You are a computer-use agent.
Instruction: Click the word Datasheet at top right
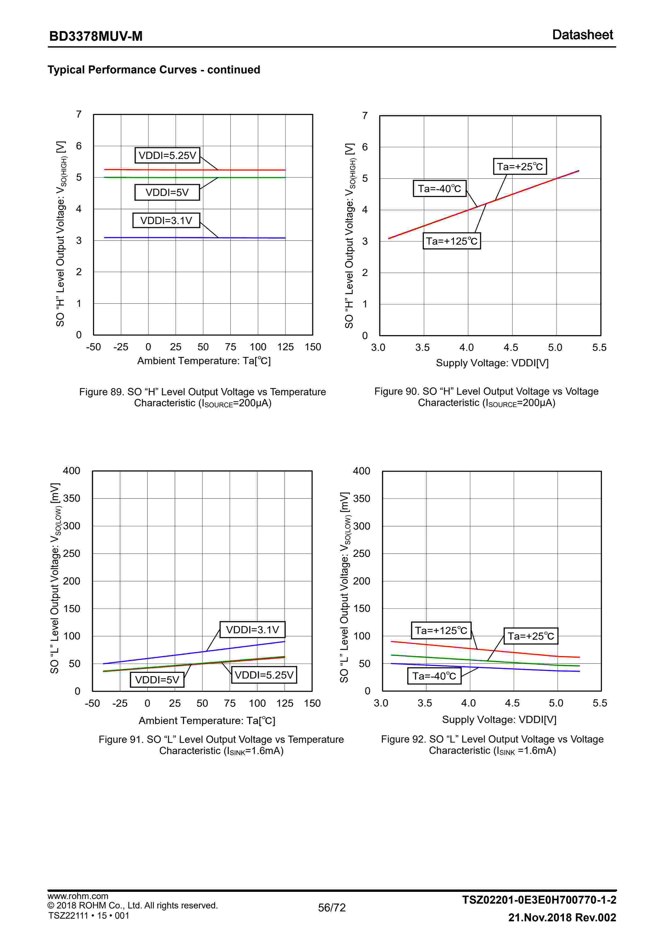tap(582, 35)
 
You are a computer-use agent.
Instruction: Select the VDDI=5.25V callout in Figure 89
tap(167, 155)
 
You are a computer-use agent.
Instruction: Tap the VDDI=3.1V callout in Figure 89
tap(166, 221)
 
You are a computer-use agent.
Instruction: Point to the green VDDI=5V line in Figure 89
tap(164, 177)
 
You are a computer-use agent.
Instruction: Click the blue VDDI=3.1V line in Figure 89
tap(164, 238)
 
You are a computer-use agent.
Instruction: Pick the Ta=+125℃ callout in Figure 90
tap(451, 241)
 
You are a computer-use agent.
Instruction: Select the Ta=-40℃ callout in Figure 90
tap(440, 189)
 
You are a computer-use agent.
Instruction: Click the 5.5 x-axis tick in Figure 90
tap(599, 348)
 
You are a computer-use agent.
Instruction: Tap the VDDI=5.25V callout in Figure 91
tap(264, 675)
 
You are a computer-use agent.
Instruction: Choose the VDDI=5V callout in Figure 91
tap(157, 680)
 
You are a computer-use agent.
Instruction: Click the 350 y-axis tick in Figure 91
tap(71, 498)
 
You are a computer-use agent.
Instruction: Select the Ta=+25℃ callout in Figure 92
tap(530, 636)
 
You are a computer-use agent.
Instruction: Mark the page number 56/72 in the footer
tap(332, 907)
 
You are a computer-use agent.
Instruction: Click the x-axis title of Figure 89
tap(204, 361)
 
